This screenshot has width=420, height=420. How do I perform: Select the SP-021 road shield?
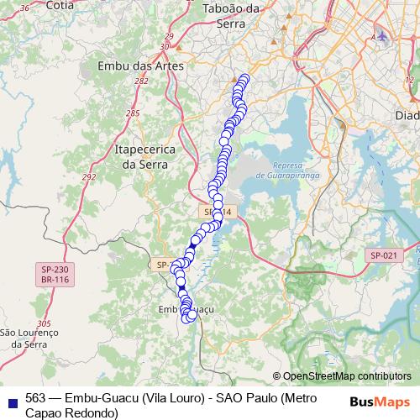(384, 255)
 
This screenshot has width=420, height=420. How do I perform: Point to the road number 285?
(133, 113)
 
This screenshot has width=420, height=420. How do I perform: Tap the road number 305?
(45, 323)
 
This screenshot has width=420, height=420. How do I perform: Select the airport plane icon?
(383, 36)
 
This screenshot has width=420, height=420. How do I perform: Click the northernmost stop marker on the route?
(244, 79)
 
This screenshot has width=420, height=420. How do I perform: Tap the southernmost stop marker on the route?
(187, 317)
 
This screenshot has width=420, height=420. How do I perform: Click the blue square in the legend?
(12, 399)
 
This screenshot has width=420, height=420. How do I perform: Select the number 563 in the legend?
(36, 397)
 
